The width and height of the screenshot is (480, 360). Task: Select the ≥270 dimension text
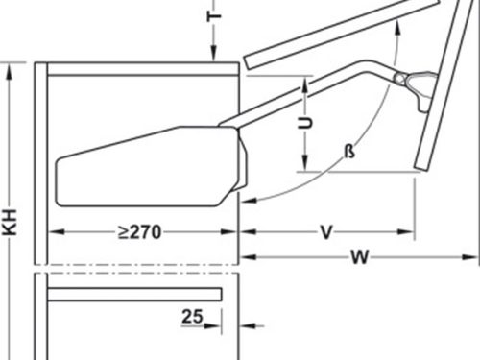[138, 231]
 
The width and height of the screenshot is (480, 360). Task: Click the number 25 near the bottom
[193, 314]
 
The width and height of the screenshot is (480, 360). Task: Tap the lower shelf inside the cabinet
[134, 293]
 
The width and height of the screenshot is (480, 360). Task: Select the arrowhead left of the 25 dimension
[230, 325]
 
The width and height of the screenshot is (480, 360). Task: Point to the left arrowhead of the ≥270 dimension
[52, 231]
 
